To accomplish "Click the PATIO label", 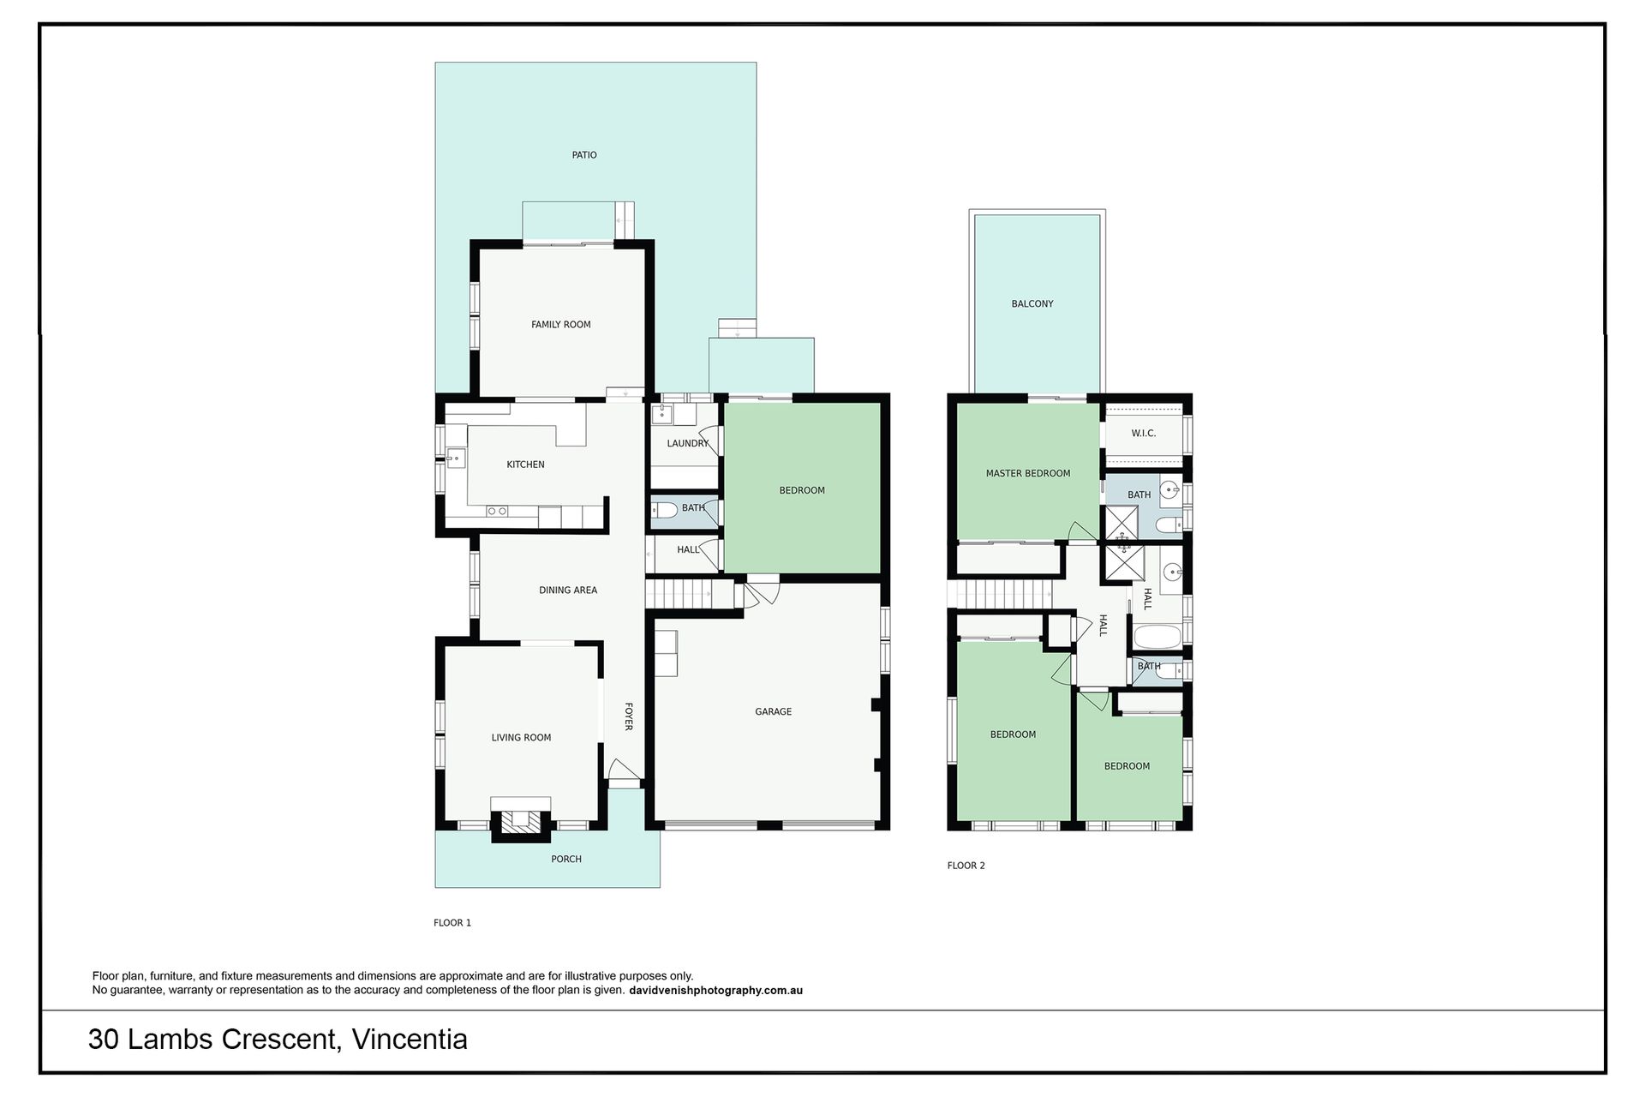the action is (x=584, y=155).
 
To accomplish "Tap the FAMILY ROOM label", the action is (x=561, y=325).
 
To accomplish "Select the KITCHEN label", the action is (x=525, y=465).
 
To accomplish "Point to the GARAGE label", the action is (x=773, y=711).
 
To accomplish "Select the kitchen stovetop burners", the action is (x=497, y=512).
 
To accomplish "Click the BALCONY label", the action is (x=1032, y=303).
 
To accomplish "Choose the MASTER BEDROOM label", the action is (x=1028, y=473).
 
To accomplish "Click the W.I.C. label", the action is (x=1144, y=434).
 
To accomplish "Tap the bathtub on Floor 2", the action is (x=1157, y=637).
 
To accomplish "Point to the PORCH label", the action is (x=566, y=859).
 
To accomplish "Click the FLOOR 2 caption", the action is (x=966, y=866).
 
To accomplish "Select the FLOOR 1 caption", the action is (x=452, y=923).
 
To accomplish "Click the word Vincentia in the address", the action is (x=410, y=1040).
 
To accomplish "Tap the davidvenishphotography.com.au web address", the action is (x=715, y=991).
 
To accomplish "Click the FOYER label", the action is (x=628, y=716).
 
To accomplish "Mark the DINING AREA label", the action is (x=568, y=590).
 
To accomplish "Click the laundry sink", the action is (x=661, y=416).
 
